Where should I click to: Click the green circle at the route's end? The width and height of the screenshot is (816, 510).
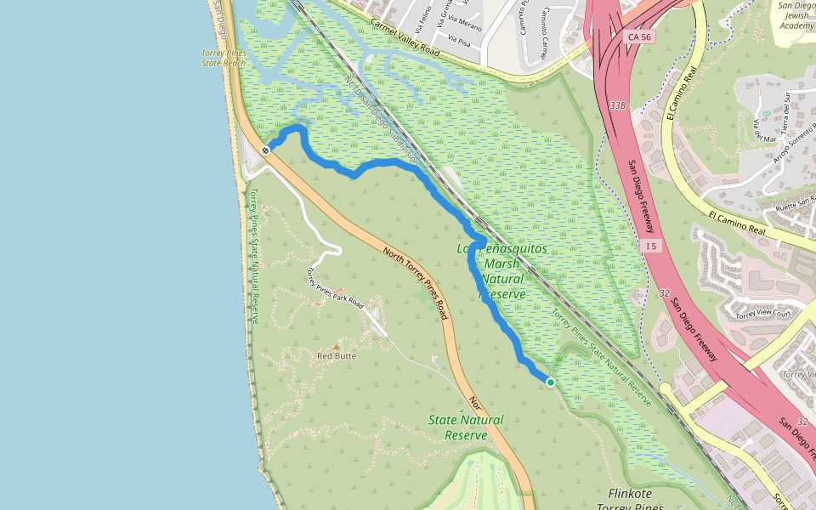point(551,382)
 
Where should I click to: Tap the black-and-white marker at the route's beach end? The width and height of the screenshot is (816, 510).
point(266,150)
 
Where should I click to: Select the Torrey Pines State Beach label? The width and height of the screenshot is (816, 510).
point(224,58)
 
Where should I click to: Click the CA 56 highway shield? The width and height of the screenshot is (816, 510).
point(637,37)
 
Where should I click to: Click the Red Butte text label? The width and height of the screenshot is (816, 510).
point(337,356)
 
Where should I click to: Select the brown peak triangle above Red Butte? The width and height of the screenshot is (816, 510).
point(337,346)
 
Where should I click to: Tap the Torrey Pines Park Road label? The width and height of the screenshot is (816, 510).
point(334,289)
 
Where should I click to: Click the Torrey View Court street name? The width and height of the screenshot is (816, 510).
point(764,314)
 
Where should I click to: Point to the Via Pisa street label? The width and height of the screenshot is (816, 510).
point(458,40)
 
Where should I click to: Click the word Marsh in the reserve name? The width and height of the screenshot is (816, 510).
point(501,263)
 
